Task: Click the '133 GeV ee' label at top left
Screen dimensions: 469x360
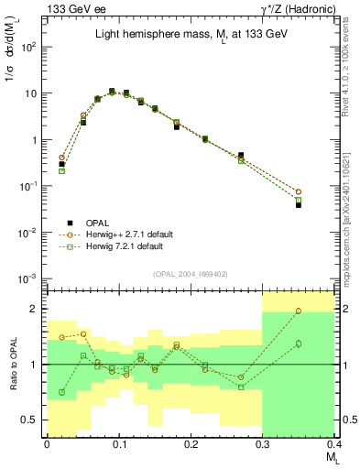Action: point(72,8)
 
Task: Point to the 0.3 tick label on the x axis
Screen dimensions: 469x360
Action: point(263,443)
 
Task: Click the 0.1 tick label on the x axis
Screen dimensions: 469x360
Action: point(118,443)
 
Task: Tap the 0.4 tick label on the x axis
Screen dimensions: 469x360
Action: point(333,443)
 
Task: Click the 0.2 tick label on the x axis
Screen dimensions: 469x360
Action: point(191,443)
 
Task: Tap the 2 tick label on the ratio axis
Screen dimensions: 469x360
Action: point(37,309)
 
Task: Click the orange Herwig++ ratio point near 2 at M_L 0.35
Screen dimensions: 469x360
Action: point(324,311)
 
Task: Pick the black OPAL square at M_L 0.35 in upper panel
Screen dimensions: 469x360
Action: point(324,205)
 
